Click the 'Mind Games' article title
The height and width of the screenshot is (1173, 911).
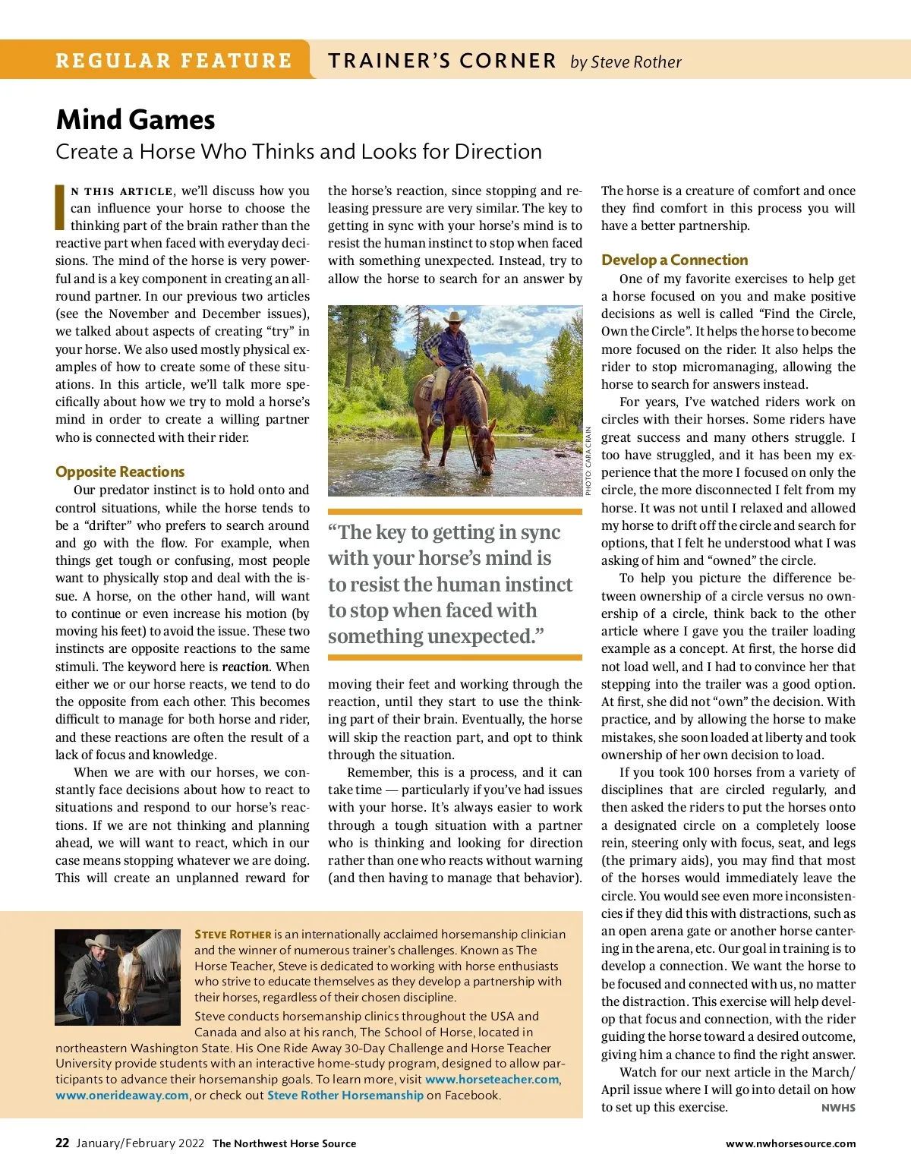pos(135,120)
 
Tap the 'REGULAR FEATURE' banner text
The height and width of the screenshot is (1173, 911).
pos(174,61)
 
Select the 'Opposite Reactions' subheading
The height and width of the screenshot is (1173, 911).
pos(120,471)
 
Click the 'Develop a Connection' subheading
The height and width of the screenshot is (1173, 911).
pos(674,260)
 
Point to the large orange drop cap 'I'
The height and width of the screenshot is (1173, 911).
pos(60,207)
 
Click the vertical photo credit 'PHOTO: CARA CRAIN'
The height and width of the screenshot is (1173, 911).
pos(588,462)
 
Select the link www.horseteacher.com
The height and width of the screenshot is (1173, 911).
pos(492,1079)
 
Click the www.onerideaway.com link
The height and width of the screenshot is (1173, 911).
pos(121,1095)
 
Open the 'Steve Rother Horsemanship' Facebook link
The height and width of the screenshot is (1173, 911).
pos(345,1095)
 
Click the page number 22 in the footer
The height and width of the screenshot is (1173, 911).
pos(62,1143)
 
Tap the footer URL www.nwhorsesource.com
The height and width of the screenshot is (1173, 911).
pos(790,1143)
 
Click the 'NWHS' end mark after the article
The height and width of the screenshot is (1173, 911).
pos(838,1108)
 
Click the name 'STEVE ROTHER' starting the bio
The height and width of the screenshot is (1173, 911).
pos(232,935)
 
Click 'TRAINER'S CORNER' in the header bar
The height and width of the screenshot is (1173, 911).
pos(443,61)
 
